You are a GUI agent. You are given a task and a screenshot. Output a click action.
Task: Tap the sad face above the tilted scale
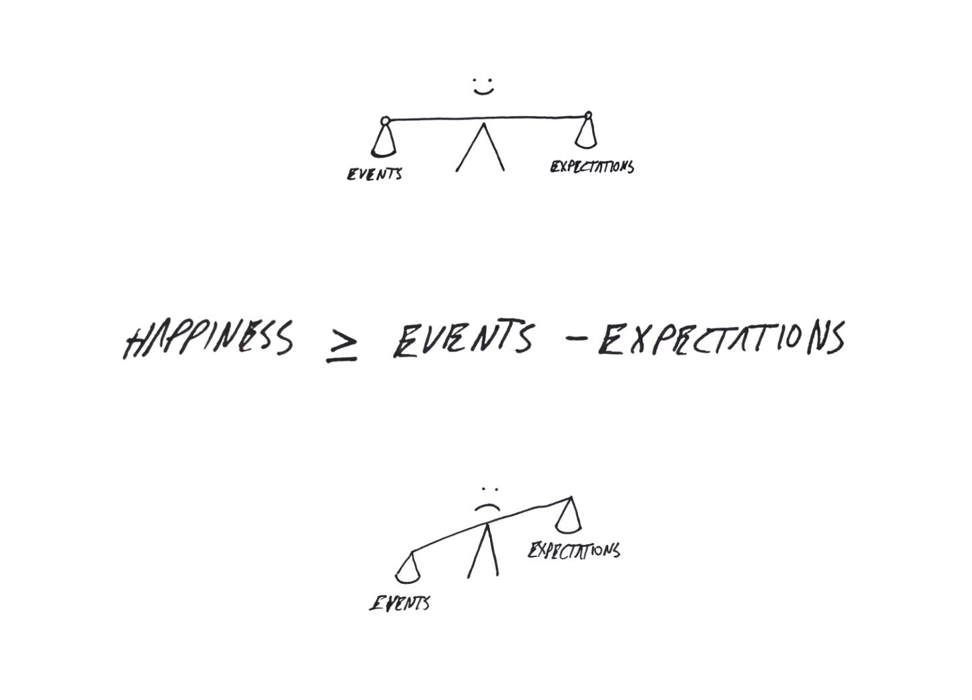point(488,500)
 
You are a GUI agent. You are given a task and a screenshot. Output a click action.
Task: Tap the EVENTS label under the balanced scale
point(374,175)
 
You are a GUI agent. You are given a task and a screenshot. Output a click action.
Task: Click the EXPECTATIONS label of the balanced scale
point(591,166)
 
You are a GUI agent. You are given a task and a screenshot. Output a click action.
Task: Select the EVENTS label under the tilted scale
point(400,604)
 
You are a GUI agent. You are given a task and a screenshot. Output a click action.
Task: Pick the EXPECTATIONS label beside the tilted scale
point(574,550)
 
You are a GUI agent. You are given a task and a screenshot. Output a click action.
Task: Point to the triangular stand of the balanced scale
point(481,150)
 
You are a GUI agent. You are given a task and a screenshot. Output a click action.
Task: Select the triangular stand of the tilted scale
point(483,554)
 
